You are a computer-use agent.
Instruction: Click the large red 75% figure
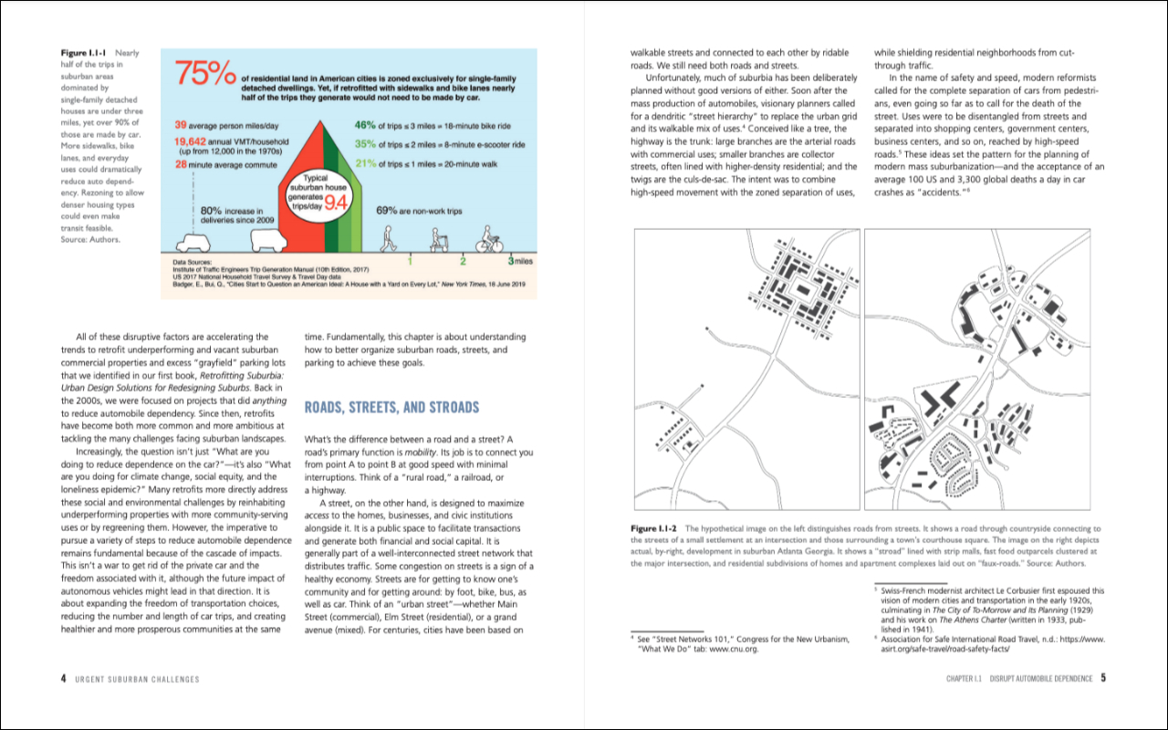pyautogui.click(x=206, y=76)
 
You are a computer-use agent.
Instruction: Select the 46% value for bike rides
pyautogui.click(x=365, y=124)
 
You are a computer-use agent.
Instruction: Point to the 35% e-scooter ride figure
pyautogui.click(x=365, y=144)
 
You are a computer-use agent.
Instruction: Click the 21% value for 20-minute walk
pyautogui.click(x=365, y=163)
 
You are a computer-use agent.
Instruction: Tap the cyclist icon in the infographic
pyautogui.click(x=489, y=239)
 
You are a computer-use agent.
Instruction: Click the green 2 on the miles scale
pyautogui.click(x=463, y=261)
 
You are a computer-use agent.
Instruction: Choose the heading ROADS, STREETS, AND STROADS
pyautogui.click(x=391, y=407)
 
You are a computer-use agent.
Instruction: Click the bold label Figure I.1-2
pyautogui.click(x=655, y=529)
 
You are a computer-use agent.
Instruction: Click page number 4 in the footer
pyautogui.click(x=63, y=678)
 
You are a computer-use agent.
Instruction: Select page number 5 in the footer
pyautogui.click(x=1103, y=678)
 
